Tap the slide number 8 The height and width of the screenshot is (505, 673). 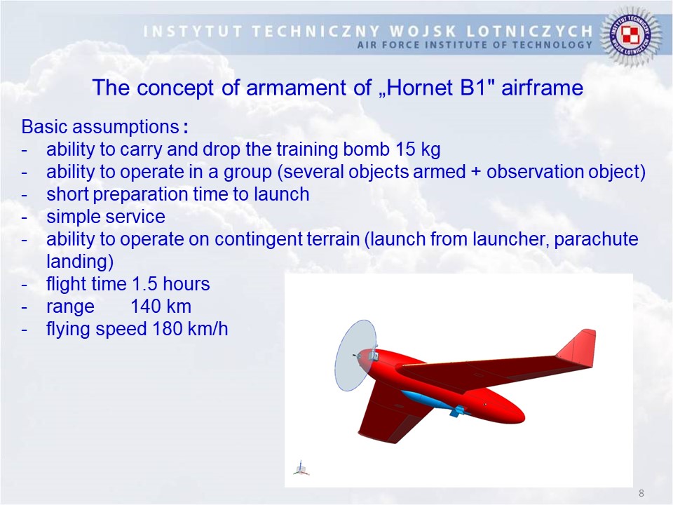(x=641, y=493)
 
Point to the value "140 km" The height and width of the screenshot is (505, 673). (x=161, y=307)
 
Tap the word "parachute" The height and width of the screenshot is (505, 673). (x=596, y=239)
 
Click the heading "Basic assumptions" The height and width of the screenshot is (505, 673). (x=100, y=127)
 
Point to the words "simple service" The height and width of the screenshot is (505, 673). (x=106, y=217)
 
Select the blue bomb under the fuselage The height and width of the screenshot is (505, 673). (x=433, y=403)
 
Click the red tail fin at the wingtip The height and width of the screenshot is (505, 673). (x=578, y=349)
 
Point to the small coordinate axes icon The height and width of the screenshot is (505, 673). (x=301, y=469)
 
